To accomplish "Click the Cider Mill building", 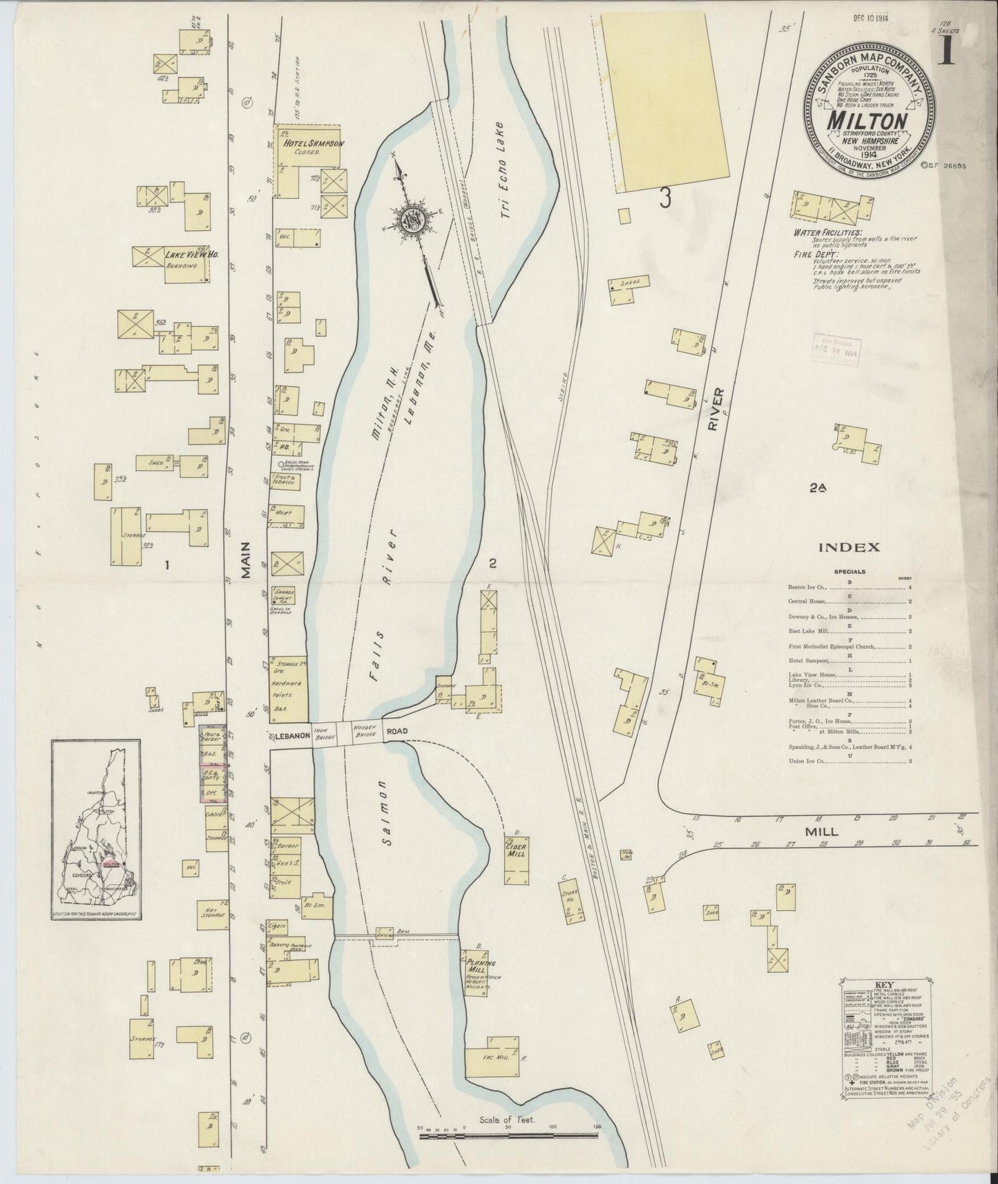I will [517, 849].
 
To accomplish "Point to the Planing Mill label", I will [481, 966].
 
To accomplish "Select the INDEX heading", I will [849, 547].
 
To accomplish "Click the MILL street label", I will [821, 832].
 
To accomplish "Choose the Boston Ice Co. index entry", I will [805, 587].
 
